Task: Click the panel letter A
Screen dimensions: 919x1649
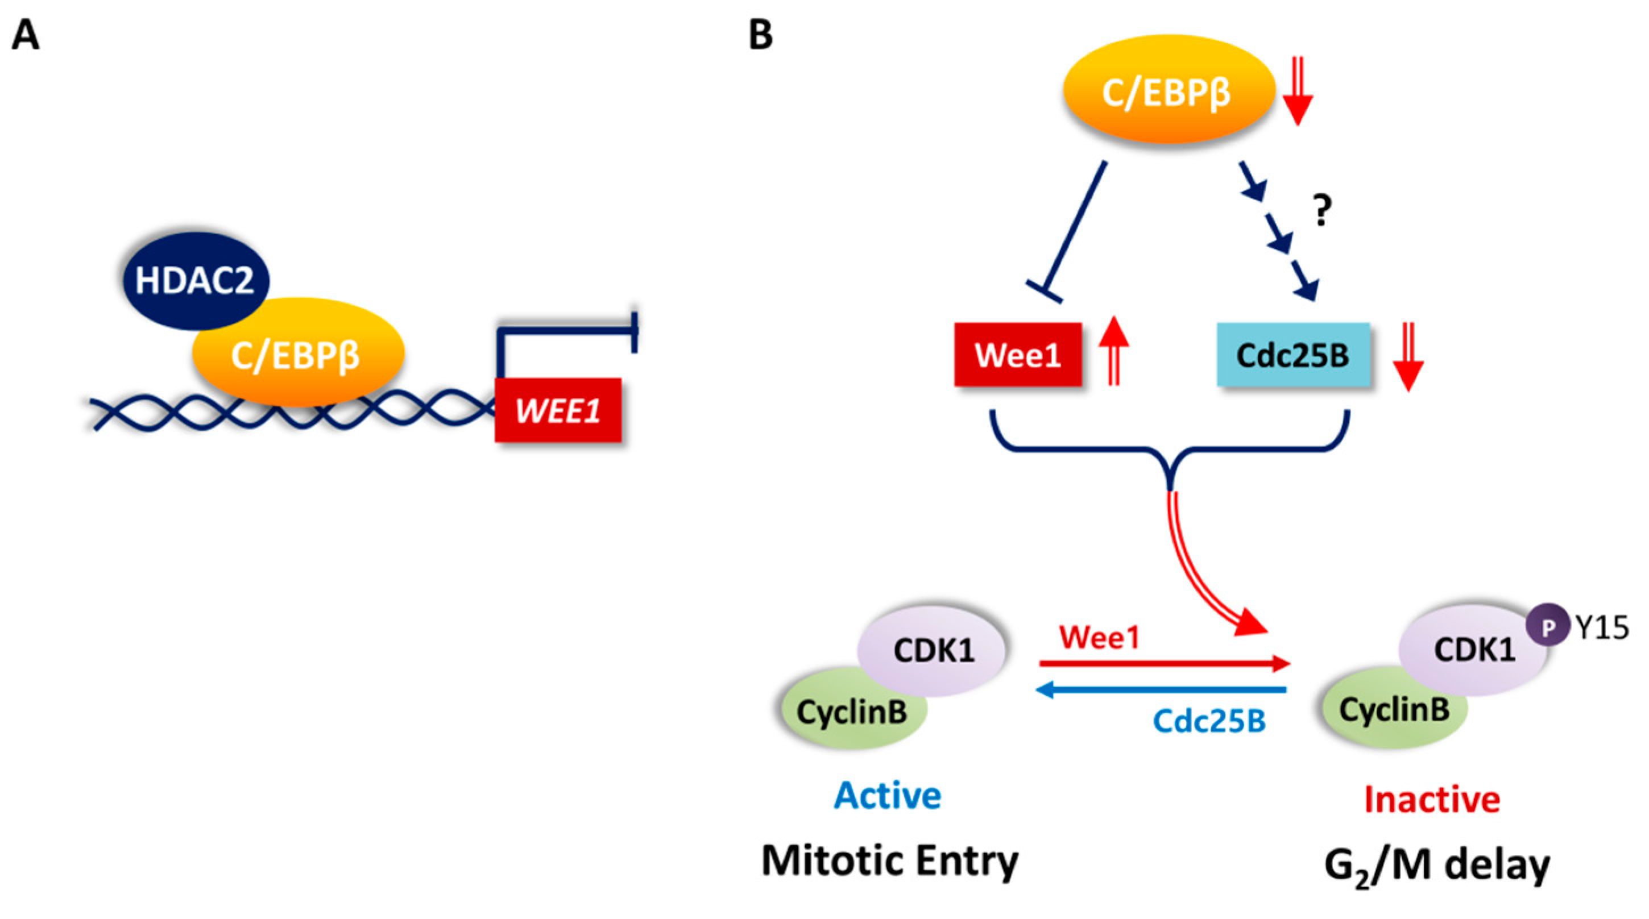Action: [26, 35]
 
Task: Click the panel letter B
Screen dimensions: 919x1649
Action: [760, 35]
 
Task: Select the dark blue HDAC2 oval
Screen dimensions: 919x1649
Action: [194, 280]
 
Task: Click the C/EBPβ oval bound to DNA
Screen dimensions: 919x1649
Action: [297, 355]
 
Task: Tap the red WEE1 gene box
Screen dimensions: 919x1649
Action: [558, 410]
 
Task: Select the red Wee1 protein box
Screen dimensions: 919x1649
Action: [1017, 355]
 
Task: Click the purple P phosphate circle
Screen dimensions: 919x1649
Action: [1547, 628]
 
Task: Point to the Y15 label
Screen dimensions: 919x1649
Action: [1602, 629]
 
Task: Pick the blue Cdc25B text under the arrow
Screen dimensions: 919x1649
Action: [1208, 721]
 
